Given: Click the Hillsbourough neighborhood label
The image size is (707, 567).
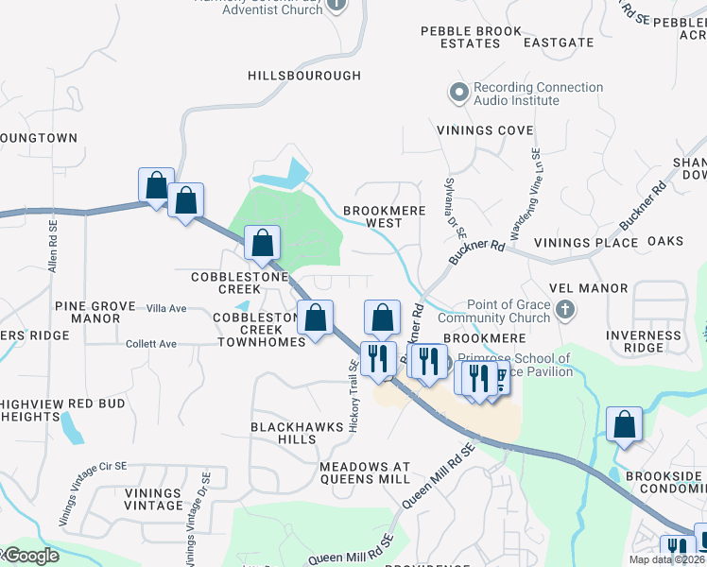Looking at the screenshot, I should tap(304, 76).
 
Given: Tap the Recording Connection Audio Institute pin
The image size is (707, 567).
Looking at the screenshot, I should tap(459, 94).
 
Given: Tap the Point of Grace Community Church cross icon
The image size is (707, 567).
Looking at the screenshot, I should tap(565, 310).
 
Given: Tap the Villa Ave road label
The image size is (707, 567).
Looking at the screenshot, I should tap(166, 309).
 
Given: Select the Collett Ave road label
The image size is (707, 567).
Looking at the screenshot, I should tap(151, 344).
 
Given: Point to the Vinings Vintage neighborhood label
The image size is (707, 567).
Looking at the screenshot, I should tap(152, 499).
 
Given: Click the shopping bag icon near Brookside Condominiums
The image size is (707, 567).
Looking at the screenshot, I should tap(624, 425).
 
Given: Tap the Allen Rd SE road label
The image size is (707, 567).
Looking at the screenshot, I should tap(54, 248).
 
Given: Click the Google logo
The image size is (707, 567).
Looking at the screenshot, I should tap(30, 556).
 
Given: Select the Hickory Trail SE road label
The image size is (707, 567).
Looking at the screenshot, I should tap(353, 398).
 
